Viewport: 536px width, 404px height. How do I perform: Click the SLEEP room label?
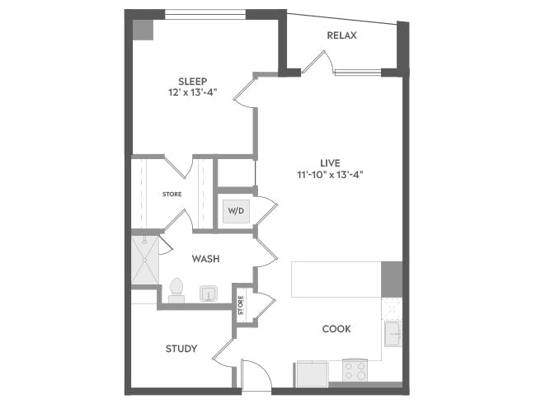[192, 81]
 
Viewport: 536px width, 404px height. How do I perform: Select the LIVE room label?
[331, 162]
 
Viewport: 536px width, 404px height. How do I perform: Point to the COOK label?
[336, 328]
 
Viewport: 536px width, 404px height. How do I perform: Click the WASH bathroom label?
[205, 259]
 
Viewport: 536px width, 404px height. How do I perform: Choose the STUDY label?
[181, 348]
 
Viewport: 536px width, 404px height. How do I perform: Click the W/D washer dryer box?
[236, 211]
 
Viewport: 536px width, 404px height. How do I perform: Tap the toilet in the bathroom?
[176, 289]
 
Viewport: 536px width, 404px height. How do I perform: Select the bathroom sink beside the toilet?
[208, 293]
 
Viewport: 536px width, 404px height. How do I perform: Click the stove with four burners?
[355, 371]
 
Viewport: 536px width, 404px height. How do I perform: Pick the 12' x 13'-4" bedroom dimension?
[192, 93]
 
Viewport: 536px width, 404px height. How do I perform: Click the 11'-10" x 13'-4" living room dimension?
[331, 175]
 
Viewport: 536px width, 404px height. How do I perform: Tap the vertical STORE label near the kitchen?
[241, 305]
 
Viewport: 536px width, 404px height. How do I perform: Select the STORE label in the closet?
[172, 195]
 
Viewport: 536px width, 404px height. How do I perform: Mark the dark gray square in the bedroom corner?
[143, 28]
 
